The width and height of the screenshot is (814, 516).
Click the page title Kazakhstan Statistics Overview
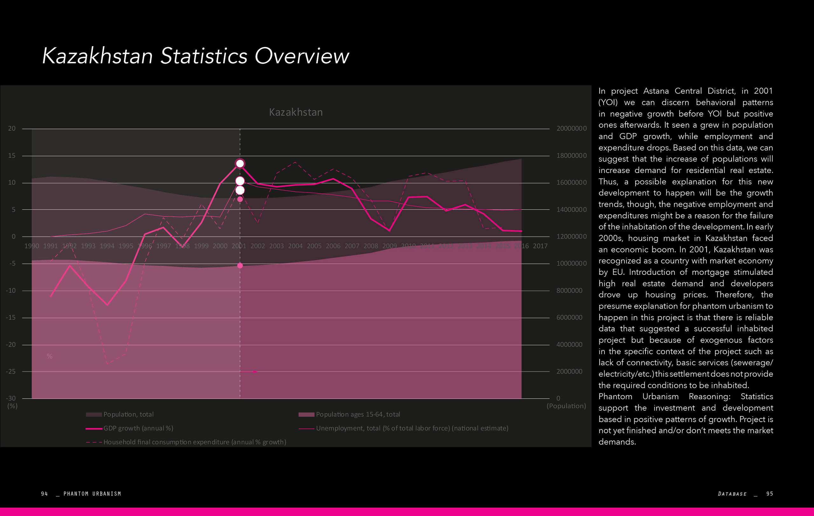pos(195,56)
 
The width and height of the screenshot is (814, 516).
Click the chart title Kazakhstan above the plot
pos(296,112)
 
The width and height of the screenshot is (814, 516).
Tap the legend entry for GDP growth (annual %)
pos(138,428)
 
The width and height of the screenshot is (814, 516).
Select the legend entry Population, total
pos(128,414)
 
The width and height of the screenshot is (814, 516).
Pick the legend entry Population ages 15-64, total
pos(358,414)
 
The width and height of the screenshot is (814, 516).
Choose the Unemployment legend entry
pos(412,428)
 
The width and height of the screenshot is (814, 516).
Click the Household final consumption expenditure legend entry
pos(194,442)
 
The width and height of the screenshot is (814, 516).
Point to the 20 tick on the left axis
pos(12,128)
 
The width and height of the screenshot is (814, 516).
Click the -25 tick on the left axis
pos(11,371)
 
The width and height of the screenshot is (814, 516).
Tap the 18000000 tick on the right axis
pos(571,155)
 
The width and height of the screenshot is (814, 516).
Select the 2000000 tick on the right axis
pos(569,371)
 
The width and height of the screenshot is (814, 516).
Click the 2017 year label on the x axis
pos(540,246)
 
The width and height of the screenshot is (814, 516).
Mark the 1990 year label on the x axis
pos(31,246)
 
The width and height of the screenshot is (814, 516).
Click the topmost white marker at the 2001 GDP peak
pos(240,164)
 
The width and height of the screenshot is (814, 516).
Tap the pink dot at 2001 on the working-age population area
pos(240,265)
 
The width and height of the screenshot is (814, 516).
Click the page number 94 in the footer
pos(44,494)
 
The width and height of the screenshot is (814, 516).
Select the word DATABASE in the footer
pos(732,494)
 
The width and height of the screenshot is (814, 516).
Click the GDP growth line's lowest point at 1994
pos(107,305)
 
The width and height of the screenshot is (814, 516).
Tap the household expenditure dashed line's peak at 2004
pos(295,162)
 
